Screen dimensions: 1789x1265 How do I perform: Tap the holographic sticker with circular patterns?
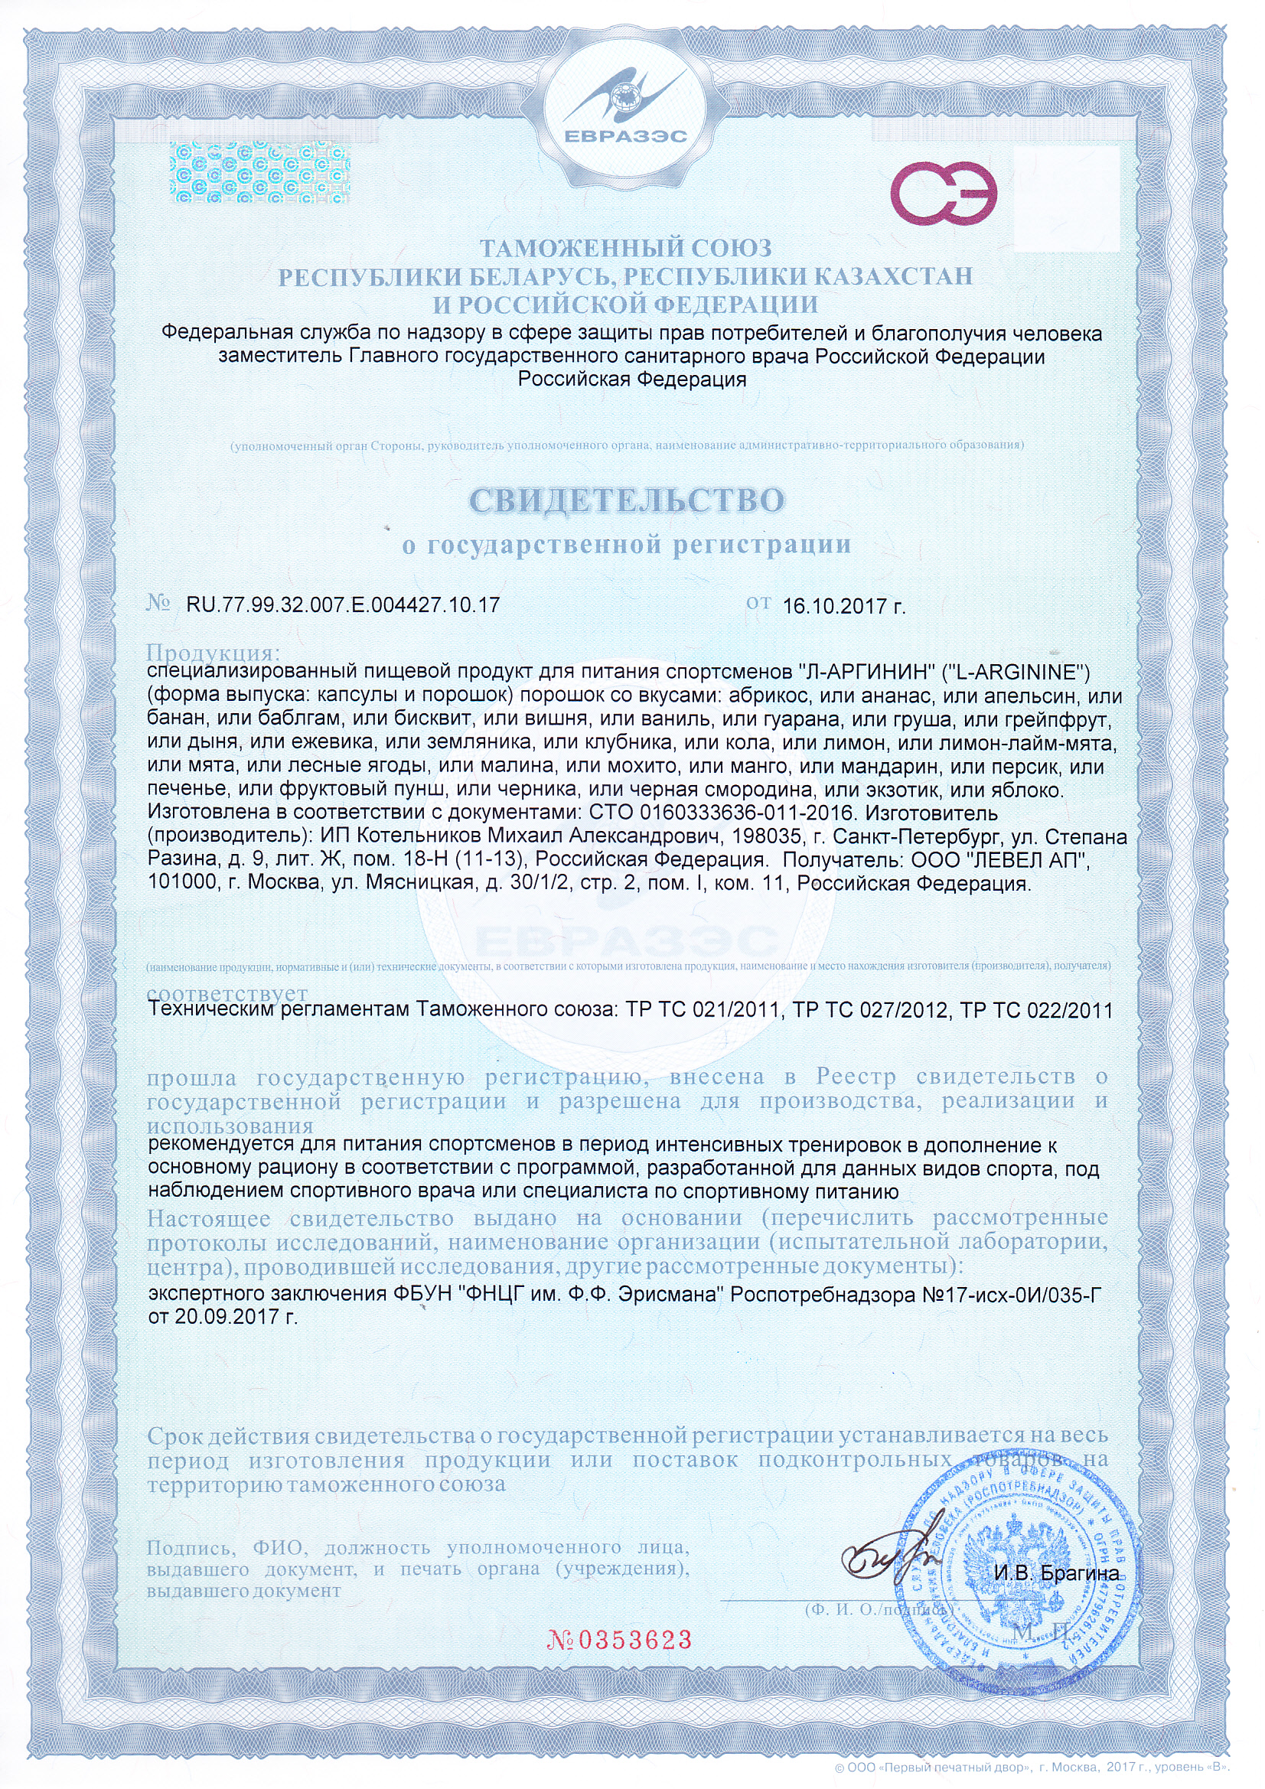pyautogui.click(x=259, y=172)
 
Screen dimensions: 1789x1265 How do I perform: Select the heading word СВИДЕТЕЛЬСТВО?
pyautogui.click(x=627, y=500)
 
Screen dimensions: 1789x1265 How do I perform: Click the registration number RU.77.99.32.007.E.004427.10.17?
pyautogui.click(x=343, y=604)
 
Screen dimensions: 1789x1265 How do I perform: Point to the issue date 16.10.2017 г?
pyautogui.click(x=843, y=606)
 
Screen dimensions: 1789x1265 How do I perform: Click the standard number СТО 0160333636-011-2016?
pyautogui.click(x=723, y=813)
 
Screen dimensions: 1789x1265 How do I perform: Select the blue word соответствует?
pyautogui.click(x=227, y=993)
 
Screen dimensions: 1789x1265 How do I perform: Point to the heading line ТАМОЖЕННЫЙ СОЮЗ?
pyautogui.click(x=625, y=249)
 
